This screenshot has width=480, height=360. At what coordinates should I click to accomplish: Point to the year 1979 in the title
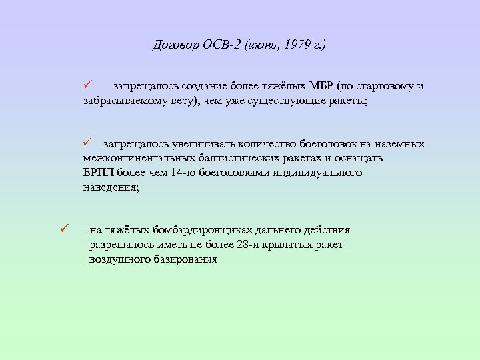pyautogui.click(x=297, y=45)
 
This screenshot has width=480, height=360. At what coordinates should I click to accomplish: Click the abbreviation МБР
pyautogui.click(x=321, y=87)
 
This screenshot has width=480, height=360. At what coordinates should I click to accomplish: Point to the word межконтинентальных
pyautogui.click(x=136, y=159)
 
